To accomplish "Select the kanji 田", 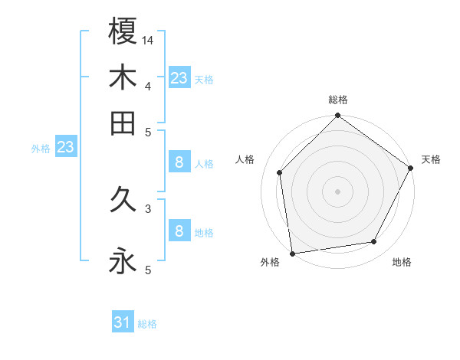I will click(x=123, y=123).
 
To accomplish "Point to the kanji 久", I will click(x=123, y=201).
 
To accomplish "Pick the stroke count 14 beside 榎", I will click(x=148, y=40).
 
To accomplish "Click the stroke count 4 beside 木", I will click(x=147, y=86).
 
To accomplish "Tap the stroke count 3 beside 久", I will click(x=147, y=208).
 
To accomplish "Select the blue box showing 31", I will click(x=123, y=323).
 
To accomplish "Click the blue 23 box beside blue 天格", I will click(x=179, y=78).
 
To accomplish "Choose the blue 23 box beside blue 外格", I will click(x=65, y=148).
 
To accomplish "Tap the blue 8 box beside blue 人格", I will click(x=179, y=162).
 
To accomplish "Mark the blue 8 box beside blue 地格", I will click(x=179, y=231).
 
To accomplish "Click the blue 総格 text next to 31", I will click(x=147, y=324).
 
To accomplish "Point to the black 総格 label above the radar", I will click(x=338, y=100).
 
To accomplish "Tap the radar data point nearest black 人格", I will click(x=280, y=172).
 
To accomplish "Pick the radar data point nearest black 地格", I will click(x=374, y=242).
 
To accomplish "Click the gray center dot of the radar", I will click(x=338, y=191).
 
